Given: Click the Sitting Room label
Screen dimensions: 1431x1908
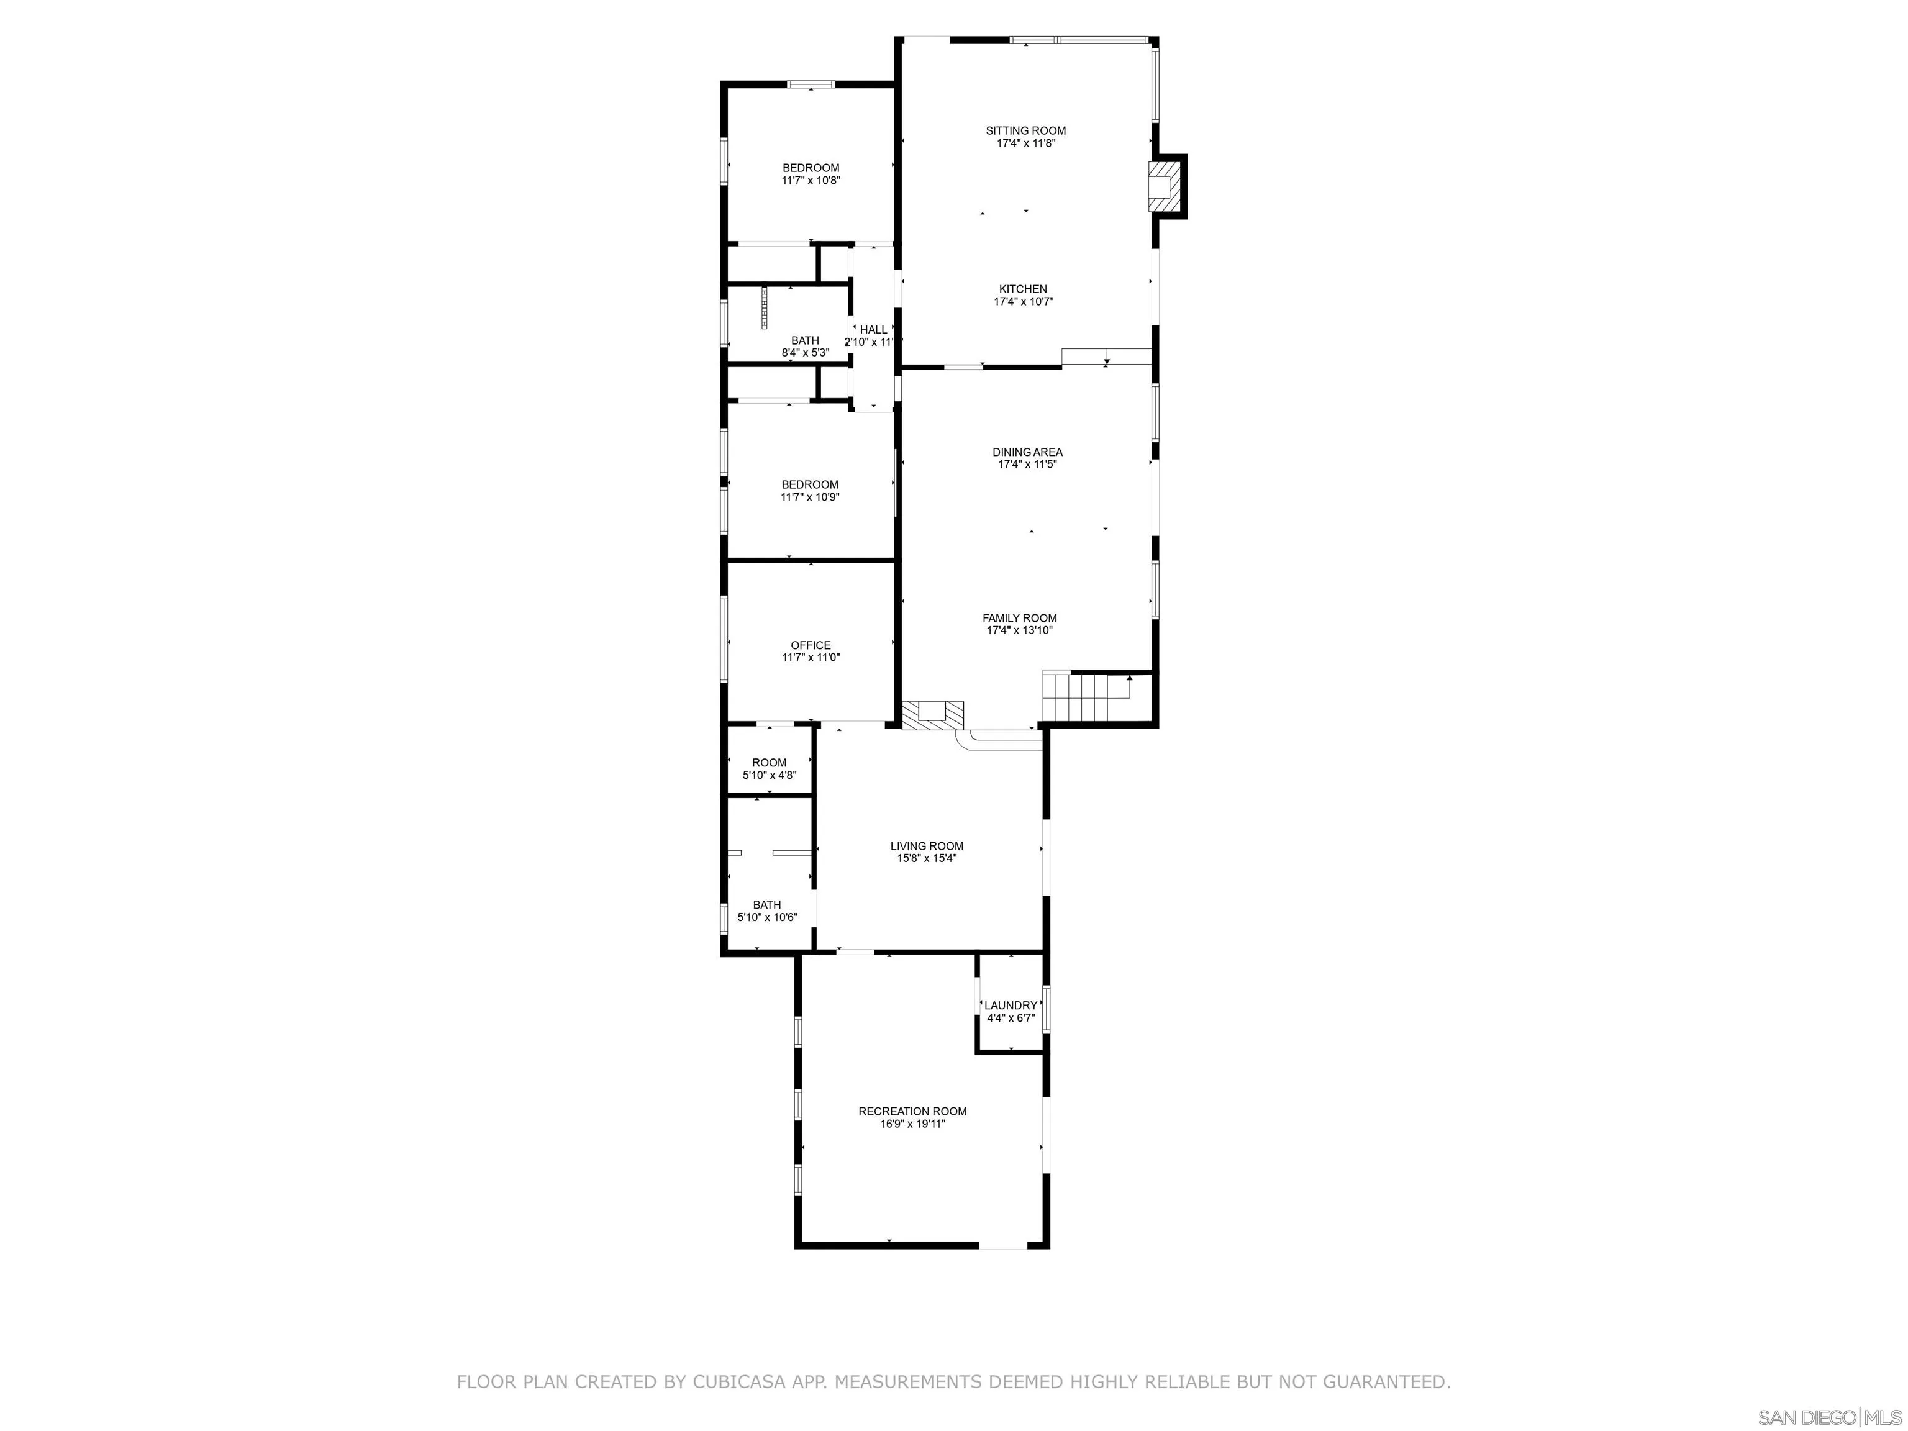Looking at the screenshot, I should coord(1025,131).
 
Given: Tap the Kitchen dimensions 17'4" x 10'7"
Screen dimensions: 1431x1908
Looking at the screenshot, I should coord(1024,302).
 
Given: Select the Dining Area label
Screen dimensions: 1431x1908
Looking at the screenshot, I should coord(1027,452).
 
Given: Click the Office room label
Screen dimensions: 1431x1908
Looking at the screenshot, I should coord(811,645).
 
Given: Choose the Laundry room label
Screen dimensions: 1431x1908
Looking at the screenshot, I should coord(1011,1006).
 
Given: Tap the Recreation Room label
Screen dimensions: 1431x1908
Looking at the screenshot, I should coord(912,1112).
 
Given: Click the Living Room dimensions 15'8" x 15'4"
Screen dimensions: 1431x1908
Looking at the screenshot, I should coord(927,858).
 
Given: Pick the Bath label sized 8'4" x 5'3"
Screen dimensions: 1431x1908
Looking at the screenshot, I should coord(805,341).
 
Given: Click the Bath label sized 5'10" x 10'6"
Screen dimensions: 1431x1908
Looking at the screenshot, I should coord(767,905).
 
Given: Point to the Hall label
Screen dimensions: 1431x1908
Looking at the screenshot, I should coord(873,330).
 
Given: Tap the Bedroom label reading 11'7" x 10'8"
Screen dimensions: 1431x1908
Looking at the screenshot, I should coord(811,168).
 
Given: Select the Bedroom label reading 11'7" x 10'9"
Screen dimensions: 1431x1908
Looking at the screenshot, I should coord(810,484).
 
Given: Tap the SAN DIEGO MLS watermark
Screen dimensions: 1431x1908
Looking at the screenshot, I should coord(1828,1417).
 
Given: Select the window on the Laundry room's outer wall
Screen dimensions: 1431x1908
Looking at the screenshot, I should coord(1047,1009).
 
